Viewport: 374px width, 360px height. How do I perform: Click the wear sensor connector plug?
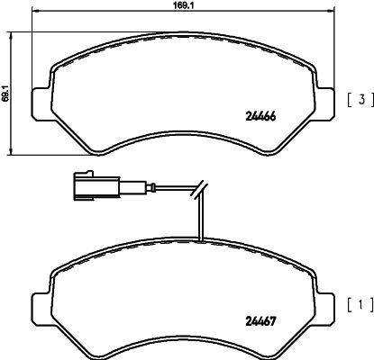tap(90, 187)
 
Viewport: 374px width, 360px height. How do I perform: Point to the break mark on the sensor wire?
tap(201, 192)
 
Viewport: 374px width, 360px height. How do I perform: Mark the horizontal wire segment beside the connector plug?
tap(153, 188)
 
